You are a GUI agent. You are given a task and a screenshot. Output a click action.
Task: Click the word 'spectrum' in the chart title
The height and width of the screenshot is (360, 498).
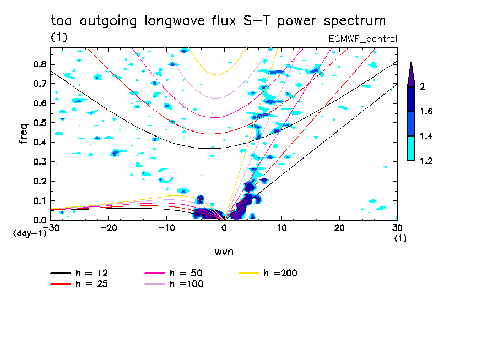[355, 21]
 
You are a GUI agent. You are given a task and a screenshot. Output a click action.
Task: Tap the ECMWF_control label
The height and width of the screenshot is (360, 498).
[362, 39]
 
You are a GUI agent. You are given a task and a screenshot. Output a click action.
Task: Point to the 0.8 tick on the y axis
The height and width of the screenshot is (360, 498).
[39, 64]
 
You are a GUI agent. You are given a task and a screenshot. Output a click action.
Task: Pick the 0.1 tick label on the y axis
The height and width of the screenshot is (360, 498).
[39, 201]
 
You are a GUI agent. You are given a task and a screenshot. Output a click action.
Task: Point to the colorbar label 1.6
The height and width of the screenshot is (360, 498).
[426, 112]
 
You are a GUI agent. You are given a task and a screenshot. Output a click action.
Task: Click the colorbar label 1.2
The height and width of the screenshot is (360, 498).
[426, 161]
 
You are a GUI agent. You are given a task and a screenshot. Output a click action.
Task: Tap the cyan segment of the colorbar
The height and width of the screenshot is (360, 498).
[411, 148]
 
